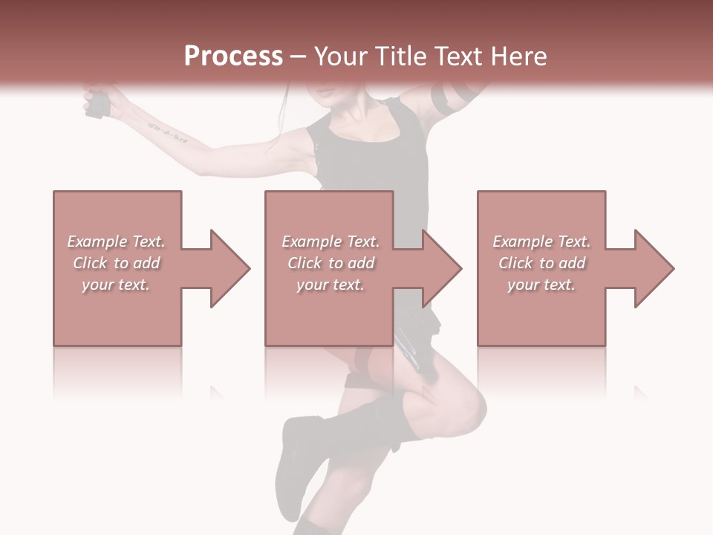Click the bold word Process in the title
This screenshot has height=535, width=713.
coord(233,56)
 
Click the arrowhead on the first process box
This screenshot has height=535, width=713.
coord(229,268)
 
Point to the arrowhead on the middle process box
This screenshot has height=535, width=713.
coord(441,268)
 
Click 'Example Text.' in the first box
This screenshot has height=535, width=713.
coord(117,241)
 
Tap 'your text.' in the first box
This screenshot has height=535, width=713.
coord(117,285)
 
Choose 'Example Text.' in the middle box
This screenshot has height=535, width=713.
coord(330,241)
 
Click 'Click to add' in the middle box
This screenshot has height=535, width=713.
coord(330,263)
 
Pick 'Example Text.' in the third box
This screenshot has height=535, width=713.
coord(541,241)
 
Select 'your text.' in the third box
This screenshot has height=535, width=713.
coord(541,285)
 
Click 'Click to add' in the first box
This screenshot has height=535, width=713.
coord(117,263)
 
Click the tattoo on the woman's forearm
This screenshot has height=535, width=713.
coord(167,133)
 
